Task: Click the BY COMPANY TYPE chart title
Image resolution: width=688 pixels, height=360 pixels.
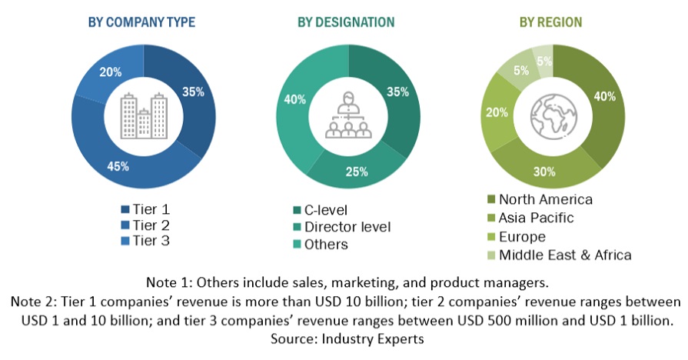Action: click(141, 22)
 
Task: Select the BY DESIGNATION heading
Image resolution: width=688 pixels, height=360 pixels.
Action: click(348, 22)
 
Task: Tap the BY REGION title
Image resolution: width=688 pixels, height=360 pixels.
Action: click(551, 22)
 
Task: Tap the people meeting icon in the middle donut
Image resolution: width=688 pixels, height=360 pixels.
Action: click(348, 115)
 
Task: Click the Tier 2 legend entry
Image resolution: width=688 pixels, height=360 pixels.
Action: click(151, 225)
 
